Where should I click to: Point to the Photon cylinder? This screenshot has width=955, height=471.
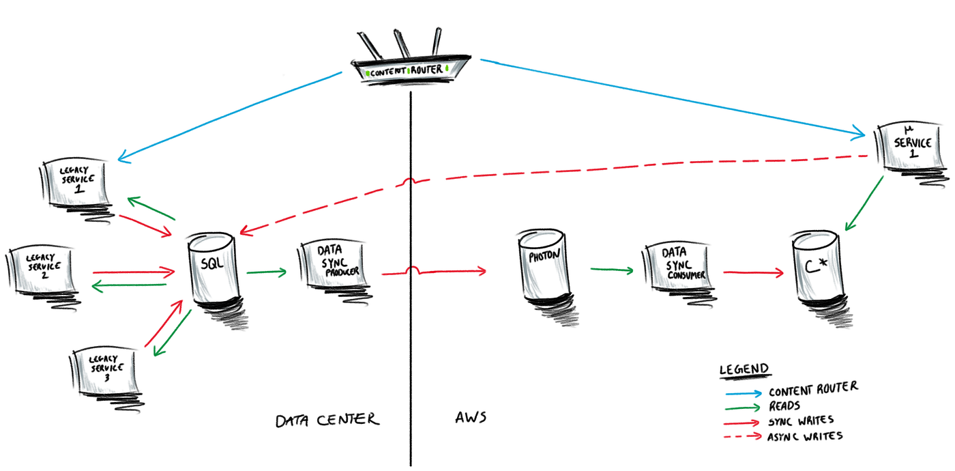(x=544, y=267)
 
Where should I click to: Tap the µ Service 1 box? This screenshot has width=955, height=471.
(x=908, y=147)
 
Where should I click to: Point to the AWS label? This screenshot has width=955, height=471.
(x=471, y=417)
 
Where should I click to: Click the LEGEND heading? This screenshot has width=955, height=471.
(x=744, y=369)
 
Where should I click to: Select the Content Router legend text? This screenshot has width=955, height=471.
(x=812, y=389)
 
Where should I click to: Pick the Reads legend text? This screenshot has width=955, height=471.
(x=785, y=405)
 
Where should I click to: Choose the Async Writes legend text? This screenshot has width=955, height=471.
(x=805, y=436)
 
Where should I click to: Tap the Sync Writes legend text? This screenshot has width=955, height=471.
(x=802, y=420)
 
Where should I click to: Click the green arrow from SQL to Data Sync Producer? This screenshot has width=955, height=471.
(x=266, y=273)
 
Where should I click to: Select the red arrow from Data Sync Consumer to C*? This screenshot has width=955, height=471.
(x=754, y=274)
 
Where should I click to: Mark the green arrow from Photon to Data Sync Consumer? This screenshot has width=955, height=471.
(x=610, y=270)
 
